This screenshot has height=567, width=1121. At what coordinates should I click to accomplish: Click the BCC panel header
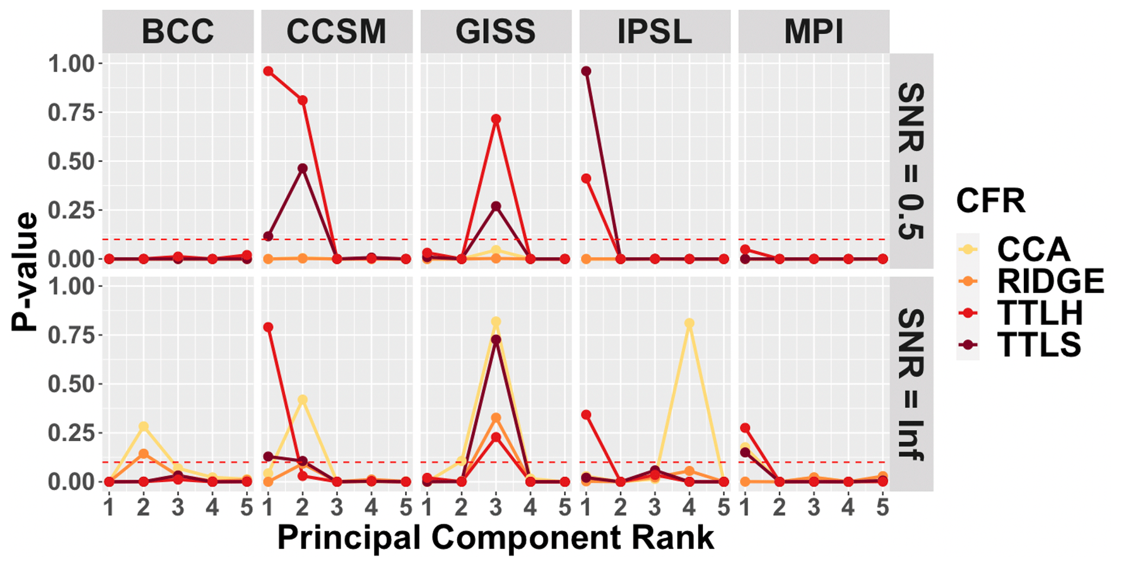178,31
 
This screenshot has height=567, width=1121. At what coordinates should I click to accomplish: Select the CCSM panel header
337,31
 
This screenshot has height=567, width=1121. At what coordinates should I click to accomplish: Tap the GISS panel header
496,31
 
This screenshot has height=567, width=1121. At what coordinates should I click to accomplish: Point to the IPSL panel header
655,31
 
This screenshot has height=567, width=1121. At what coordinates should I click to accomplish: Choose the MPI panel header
813,31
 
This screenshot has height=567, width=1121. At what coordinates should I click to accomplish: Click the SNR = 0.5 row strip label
911,161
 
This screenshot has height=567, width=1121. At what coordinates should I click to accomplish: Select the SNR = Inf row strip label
911,384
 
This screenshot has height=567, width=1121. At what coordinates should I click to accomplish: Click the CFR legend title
990,201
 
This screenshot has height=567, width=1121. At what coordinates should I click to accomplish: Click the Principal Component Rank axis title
496,538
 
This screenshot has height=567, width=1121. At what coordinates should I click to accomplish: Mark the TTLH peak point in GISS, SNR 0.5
496,119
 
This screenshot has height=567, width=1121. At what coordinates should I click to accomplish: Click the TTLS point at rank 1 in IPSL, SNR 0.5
586,71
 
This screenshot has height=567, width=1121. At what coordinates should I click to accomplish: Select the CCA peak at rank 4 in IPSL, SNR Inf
689,323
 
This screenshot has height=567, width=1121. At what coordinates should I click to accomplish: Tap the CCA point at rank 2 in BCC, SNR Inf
144,426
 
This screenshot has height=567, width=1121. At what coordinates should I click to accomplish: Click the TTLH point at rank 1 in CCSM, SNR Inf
268,327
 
